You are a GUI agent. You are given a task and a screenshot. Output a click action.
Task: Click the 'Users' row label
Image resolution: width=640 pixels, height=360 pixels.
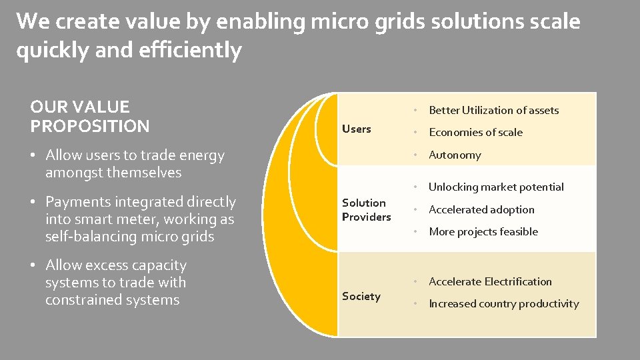coord(356,129)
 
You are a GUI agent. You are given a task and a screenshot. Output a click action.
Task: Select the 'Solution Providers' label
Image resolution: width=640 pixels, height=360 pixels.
coord(366,210)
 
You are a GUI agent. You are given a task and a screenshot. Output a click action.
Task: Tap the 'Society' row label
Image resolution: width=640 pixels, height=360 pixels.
coord(361,296)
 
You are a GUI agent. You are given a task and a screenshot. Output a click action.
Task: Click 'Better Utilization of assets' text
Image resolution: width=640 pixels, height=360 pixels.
coord(493,110)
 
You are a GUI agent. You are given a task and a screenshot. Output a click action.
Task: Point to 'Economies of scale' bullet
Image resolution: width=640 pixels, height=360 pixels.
coord(475,132)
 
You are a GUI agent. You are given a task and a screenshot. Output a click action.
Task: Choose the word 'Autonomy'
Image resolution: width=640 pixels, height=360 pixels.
coord(455,155)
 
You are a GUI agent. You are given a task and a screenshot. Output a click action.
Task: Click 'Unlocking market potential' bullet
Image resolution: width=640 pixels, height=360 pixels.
coord(496,187)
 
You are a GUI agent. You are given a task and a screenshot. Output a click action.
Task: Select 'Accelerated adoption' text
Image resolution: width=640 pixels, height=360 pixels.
coord(481,209)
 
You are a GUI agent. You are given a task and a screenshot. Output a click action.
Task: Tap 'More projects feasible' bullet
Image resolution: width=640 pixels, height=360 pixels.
coord(483,231)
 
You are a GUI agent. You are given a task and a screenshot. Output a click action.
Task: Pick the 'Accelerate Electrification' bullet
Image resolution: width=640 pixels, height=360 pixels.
coord(490,281)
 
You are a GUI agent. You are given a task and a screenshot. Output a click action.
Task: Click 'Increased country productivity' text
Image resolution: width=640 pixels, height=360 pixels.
coord(503,303)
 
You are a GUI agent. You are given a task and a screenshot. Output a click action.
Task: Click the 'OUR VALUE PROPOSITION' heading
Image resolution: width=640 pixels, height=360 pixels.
coord(90,116)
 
